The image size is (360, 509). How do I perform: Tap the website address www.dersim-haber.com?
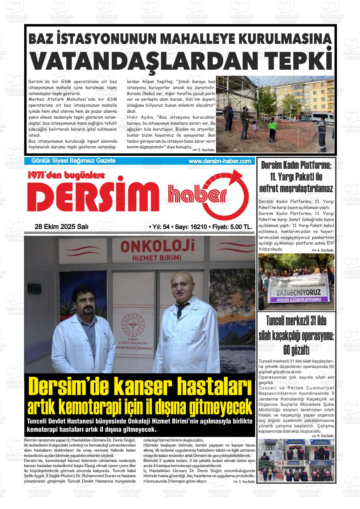(220, 161)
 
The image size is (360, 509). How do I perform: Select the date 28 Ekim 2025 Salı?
(62, 227)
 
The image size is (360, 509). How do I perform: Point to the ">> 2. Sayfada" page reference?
(203, 150)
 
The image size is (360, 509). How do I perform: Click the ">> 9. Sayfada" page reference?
(322, 436)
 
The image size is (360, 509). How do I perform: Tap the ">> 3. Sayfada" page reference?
(243, 482)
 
